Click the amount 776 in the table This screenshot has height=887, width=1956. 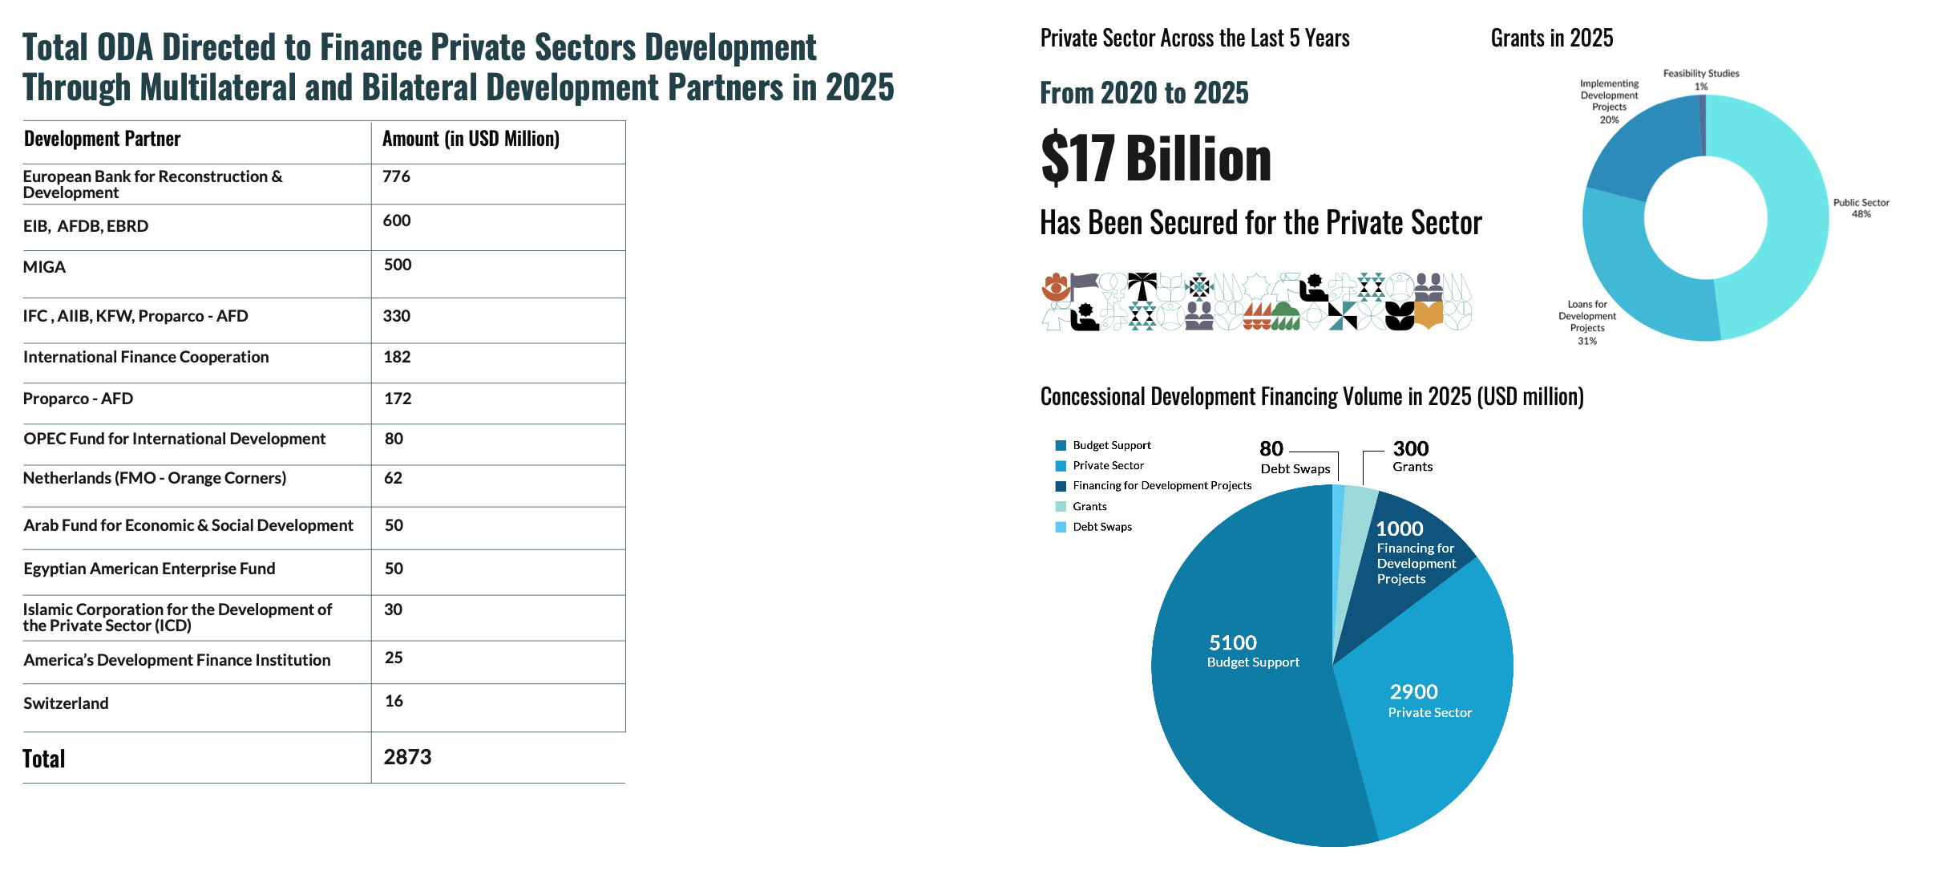[x=396, y=176]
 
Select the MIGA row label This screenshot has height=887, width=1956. [x=44, y=267]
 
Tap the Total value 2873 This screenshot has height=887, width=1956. [x=407, y=757]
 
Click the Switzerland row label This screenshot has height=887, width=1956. [x=66, y=703]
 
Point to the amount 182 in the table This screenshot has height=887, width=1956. [x=397, y=357]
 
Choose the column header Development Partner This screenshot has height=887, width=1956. [x=102, y=139]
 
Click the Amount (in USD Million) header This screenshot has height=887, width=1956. [x=471, y=139]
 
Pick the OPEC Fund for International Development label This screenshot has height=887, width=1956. [x=174, y=439]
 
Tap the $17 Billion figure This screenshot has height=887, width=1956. [x=1155, y=159]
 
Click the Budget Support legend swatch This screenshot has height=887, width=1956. [x=1061, y=445]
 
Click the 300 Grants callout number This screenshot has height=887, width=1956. [x=1411, y=448]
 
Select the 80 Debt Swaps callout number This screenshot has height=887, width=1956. [x=1271, y=448]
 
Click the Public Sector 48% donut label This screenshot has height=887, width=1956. [x=1861, y=208]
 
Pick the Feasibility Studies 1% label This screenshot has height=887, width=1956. [x=1701, y=79]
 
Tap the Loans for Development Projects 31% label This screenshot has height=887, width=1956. [x=1587, y=322]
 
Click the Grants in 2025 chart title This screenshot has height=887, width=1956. [x=1552, y=38]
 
